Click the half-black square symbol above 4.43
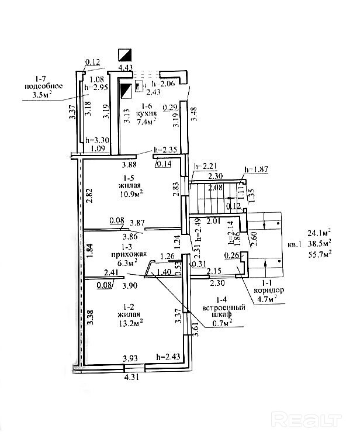(124, 54)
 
